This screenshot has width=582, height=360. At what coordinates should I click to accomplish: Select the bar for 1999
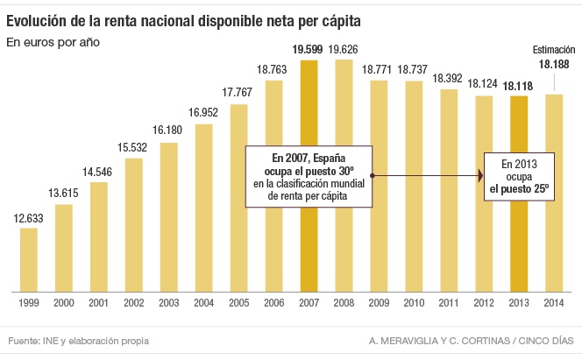point(29,259)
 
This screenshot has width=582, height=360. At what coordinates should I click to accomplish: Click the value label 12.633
point(29,219)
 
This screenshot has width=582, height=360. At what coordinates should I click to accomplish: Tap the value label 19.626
point(344,50)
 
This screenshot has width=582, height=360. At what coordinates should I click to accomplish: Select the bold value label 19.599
point(309,50)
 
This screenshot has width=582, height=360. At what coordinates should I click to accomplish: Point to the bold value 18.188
point(554,65)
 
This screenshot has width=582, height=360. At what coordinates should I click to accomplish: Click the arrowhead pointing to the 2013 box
point(480,177)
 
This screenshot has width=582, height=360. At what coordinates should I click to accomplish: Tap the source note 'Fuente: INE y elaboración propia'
point(79,340)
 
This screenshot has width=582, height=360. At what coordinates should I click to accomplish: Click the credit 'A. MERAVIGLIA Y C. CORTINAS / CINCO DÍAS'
point(472,340)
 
